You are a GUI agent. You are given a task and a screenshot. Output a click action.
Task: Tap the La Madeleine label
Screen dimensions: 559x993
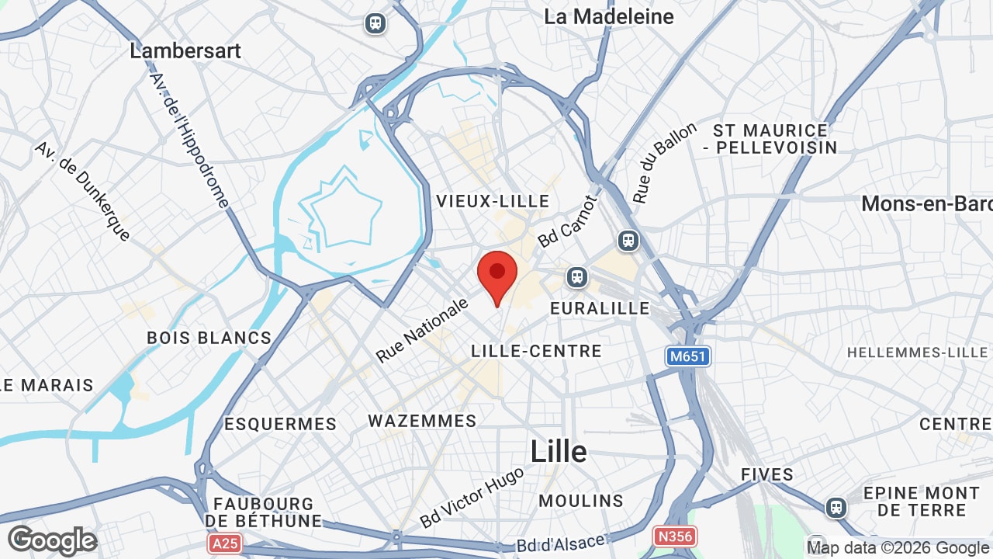pyautogui.click(x=608, y=16)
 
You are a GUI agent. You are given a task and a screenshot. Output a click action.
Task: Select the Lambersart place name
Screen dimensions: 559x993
pyautogui.click(x=185, y=51)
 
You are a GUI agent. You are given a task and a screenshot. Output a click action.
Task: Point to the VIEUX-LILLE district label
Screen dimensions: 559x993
pyautogui.click(x=493, y=202)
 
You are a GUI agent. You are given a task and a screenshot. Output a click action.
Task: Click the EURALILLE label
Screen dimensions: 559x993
pyautogui.click(x=600, y=308)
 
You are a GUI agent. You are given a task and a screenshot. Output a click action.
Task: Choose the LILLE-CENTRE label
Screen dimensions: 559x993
pyautogui.click(x=536, y=351)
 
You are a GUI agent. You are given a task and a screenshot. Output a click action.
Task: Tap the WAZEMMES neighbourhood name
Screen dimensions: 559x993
pyautogui.click(x=422, y=421)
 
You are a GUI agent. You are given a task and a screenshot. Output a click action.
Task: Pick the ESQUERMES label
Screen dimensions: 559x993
pyautogui.click(x=280, y=424)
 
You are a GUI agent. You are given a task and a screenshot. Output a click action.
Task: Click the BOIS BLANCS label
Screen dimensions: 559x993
pyautogui.click(x=209, y=338)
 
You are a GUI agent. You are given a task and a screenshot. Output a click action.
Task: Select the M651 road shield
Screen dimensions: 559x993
pyautogui.click(x=688, y=356)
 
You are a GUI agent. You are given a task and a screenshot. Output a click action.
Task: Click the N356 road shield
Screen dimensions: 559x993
pyautogui.click(x=674, y=536)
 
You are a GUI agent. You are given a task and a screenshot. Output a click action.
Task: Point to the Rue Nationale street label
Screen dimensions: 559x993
pyautogui.click(x=422, y=330)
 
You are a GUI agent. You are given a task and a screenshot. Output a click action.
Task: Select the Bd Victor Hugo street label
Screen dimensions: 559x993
pyautogui.click(x=472, y=496)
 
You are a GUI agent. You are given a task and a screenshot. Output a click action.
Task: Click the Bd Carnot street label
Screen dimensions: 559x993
pyautogui.click(x=569, y=222)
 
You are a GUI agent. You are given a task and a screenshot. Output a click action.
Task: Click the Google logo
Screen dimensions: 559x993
pyautogui.click(x=52, y=540)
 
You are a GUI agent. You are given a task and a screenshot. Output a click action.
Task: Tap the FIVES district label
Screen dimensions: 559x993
pyautogui.click(x=766, y=474)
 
